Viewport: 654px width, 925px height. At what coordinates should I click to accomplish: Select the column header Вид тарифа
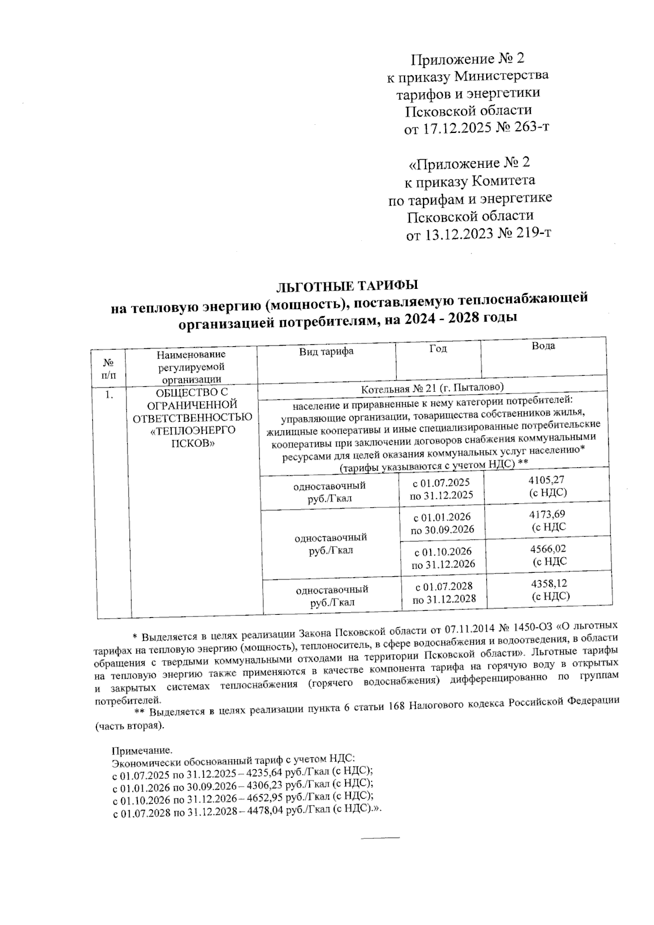[326, 352]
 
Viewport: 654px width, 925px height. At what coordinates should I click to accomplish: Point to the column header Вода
[543, 346]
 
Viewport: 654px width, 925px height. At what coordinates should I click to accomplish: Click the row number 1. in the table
[110, 395]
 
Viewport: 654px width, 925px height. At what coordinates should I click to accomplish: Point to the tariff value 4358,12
[550, 584]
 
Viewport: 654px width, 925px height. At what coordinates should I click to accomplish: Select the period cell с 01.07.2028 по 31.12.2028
[444, 593]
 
